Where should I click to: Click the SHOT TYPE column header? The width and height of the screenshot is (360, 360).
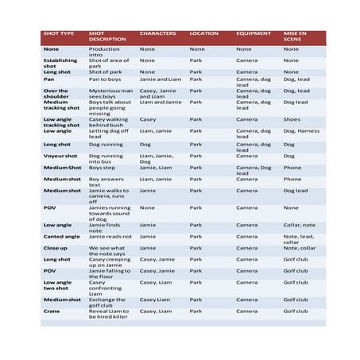[59, 33]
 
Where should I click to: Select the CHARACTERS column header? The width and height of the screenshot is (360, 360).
[157, 33]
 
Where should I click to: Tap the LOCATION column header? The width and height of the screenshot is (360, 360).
[204, 33]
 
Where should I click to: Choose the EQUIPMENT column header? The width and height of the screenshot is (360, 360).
[254, 33]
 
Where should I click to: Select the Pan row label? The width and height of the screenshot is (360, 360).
[49, 79]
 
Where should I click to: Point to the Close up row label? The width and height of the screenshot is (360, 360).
[56, 247]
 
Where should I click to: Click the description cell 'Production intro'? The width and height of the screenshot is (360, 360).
[104, 51]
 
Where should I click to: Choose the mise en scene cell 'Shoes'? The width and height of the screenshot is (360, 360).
[291, 119]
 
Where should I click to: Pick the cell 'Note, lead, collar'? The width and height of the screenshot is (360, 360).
[299, 238]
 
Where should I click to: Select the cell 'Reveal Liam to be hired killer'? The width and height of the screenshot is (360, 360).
[109, 314]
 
